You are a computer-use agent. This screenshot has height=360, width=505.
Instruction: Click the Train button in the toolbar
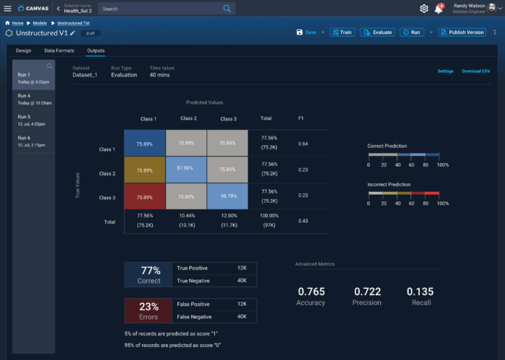coord(343,32)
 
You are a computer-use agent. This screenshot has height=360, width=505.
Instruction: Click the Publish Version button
coord(462,32)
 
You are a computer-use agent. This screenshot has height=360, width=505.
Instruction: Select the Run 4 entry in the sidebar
coord(34,99)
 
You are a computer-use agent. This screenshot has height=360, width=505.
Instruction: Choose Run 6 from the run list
coord(34,141)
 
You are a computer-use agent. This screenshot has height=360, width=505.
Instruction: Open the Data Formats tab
coord(59,51)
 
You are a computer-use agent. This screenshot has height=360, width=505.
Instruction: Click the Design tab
coord(24,51)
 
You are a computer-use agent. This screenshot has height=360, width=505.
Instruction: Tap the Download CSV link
coord(476,71)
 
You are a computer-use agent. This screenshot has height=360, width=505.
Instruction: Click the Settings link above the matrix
coord(445,71)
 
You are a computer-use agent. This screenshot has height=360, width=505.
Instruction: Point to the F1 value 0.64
coord(304,144)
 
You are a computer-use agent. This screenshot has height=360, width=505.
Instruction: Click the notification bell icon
coord(438,9)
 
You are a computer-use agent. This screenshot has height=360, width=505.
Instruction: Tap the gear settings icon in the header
coord(423,9)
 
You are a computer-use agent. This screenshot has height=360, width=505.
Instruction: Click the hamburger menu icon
coord(8,9)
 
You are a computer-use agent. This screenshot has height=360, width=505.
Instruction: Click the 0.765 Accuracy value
coord(311,292)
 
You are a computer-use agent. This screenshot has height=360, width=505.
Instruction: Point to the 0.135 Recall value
coord(420,292)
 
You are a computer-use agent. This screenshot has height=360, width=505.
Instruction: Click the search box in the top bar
coord(166,9)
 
